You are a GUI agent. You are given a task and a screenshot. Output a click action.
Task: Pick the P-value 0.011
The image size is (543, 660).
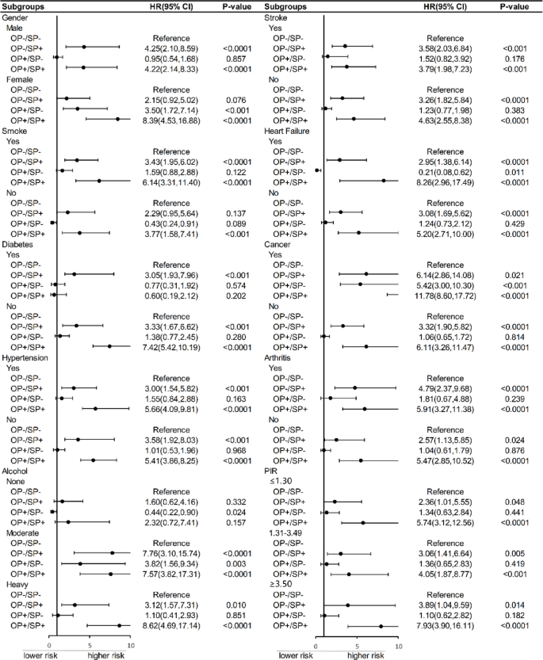tap(511, 171)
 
